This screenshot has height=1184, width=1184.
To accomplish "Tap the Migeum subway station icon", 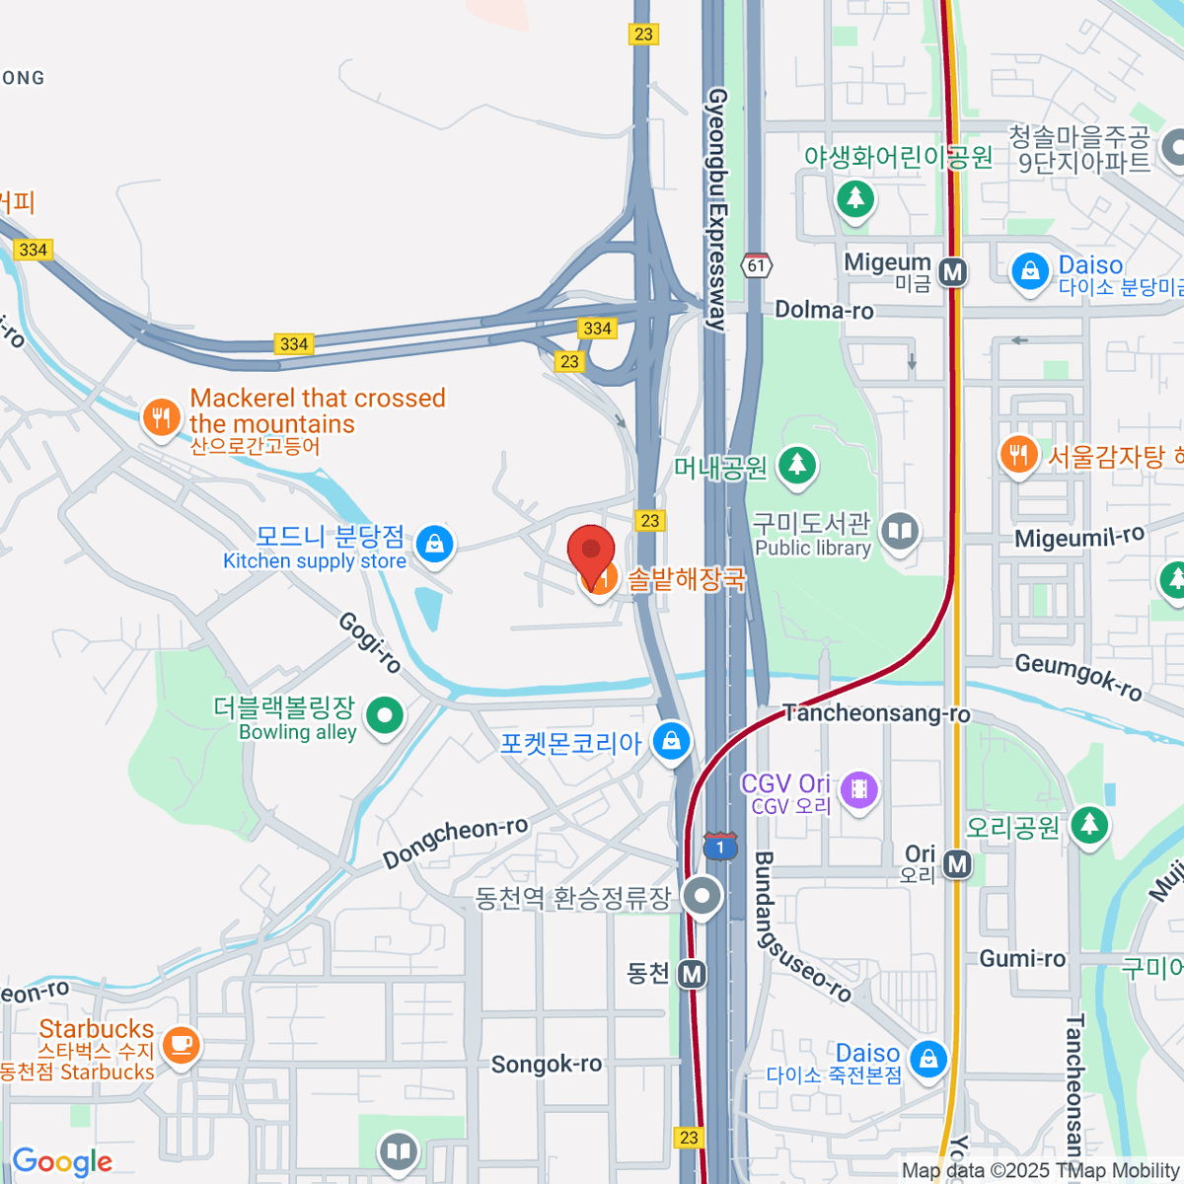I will (x=952, y=271).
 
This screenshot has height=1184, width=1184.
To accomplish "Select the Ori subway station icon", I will (x=957, y=865).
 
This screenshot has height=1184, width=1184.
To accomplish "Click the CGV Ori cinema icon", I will (x=859, y=788).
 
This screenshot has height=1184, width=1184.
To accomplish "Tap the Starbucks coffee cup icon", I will (x=181, y=1044).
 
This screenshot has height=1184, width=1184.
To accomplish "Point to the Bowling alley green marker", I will (x=384, y=714).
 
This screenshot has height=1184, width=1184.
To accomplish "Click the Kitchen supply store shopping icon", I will (x=434, y=543).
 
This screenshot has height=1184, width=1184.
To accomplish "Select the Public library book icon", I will (x=899, y=533).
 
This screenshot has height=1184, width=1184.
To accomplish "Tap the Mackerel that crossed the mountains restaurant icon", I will (x=160, y=417).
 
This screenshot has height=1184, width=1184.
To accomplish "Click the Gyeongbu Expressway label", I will (x=718, y=207).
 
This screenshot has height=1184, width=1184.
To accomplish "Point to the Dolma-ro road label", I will (x=824, y=310).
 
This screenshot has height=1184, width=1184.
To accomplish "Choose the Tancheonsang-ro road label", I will (x=876, y=712).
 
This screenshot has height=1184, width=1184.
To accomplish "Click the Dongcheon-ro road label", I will (x=456, y=841).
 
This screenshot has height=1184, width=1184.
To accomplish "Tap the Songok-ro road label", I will (x=547, y=1064).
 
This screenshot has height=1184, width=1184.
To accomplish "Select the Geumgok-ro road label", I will (x=1078, y=677).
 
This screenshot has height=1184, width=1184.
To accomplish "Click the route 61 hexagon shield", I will (x=757, y=265).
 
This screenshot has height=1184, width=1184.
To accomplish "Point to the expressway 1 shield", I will (x=720, y=847).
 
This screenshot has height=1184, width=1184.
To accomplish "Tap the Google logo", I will (x=62, y=1162).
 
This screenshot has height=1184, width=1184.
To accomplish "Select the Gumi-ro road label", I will (x=1022, y=959).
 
